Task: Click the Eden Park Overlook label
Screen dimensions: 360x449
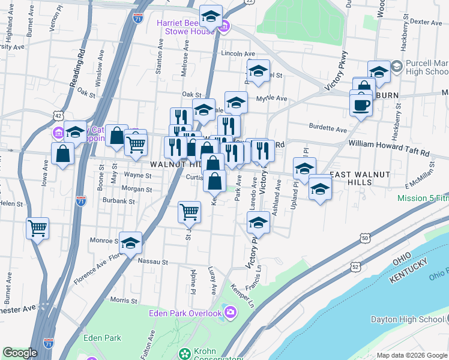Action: pos(185,313)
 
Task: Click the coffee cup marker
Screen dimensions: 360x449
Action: pos(360,104)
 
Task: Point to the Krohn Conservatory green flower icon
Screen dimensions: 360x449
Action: pos(185,353)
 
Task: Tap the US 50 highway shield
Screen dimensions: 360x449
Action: pos(365,239)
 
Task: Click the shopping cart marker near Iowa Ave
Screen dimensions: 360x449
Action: pos(37,228)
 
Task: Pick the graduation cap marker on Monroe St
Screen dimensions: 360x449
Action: pos(130,243)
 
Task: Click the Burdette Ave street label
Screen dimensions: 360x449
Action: pos(328,128)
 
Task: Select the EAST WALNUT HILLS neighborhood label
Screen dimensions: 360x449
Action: pos(361,178)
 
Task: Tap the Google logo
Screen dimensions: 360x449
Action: pos(20,353)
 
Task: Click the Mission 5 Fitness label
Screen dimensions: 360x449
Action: pos(423,198)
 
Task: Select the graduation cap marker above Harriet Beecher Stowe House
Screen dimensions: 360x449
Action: pos(211,17)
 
